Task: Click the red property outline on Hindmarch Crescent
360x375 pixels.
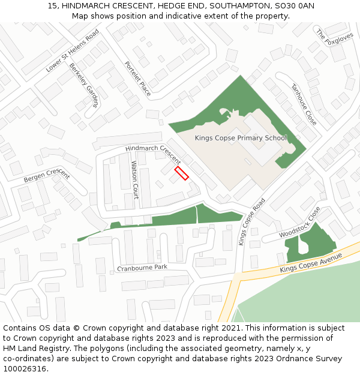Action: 181,173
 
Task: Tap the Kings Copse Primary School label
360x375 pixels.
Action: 241,138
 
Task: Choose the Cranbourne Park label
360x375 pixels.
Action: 142,267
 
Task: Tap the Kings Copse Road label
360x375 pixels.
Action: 251,221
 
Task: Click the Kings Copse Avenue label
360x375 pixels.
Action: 311,263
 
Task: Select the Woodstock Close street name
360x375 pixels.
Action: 300,223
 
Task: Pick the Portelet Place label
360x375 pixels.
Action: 137,79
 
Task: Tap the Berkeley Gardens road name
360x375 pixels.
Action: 83,83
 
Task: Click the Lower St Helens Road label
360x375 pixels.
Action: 73,51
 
